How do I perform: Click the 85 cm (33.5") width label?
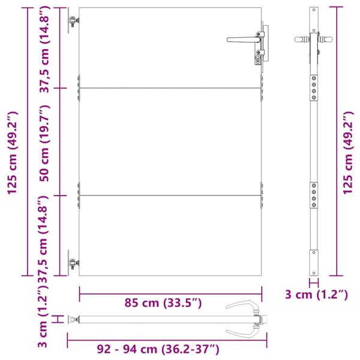(163, 303)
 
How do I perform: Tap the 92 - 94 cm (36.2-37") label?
(158, 349)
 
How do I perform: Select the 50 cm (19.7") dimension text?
(44, 143)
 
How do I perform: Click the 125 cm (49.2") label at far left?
(13, 153)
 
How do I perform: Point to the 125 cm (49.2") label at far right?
(348, 153)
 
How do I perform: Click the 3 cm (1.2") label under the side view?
(316, 295)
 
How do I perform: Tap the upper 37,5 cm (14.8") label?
(44, 49)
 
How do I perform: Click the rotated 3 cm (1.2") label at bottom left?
(43, 316)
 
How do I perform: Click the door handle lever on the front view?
(244, 40)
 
